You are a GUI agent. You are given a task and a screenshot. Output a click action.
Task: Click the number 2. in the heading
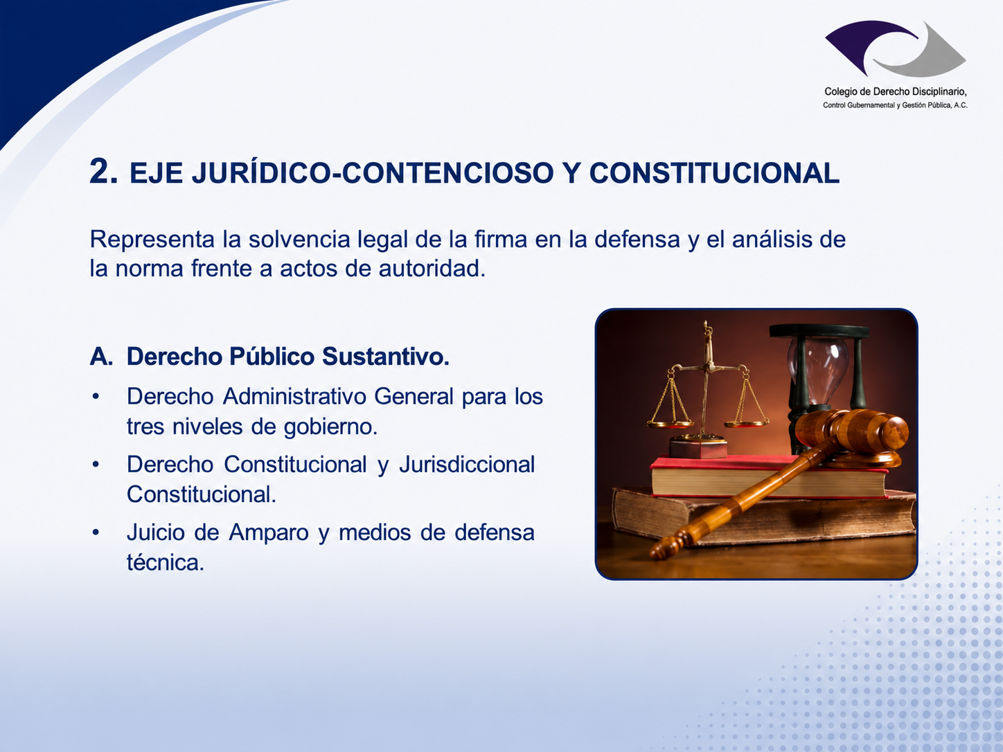tap(103, 171)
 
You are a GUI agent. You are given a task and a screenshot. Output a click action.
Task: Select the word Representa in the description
tap(152, 240)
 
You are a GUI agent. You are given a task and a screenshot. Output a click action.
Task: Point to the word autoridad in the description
tap(432, 268)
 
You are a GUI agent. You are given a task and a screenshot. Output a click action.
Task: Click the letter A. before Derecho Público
tap(101, 357)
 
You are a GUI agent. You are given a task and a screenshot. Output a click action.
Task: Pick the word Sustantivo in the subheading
tap(386, 357)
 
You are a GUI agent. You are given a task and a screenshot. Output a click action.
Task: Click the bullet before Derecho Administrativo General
tap(96, 396)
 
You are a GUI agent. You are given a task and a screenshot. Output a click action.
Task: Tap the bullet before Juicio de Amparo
tap(96, 532)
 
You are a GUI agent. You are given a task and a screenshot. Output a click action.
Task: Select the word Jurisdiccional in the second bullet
tap(467, 465)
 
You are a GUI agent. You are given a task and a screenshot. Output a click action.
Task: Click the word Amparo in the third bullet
tap(269, 532)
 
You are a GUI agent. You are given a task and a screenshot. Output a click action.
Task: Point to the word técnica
tap(165, 562)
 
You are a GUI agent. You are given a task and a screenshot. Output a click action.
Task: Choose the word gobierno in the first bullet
tap(330, 427)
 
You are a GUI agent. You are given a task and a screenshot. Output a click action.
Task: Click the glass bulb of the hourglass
tap(817, 368)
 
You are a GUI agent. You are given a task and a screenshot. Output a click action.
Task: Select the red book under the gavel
tap(769, 475)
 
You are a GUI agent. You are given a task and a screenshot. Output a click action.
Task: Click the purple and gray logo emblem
tap(895, 48)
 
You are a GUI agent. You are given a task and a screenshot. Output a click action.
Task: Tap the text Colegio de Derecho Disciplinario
tap(895, 92)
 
